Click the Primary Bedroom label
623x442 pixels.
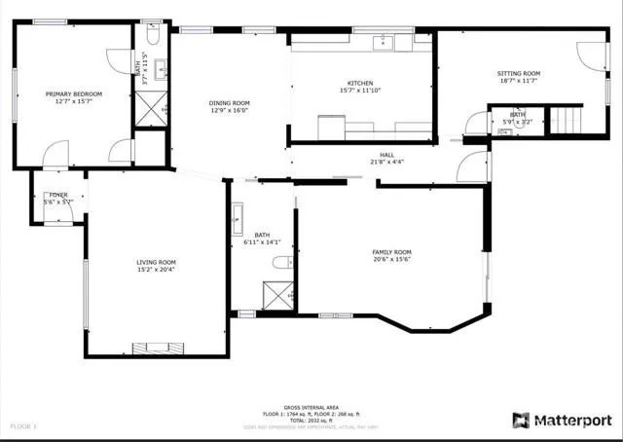click(x=73, y=93)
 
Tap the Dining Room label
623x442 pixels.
click(x=230, y=102)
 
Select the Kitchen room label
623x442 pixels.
click(x=360, y=84)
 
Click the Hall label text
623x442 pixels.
click(x=386, y=155)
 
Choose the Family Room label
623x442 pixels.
click(x=391, y=252)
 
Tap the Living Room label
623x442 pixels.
click(x=156, y=262)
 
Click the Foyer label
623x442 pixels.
click(x=58, y=195)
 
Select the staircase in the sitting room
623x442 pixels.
click(x=567, y=121)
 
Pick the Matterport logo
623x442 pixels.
click(x=562, y=421)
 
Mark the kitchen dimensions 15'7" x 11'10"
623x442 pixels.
click(x=360, y=92)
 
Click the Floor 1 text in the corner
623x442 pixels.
click(x=21, y=425)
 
